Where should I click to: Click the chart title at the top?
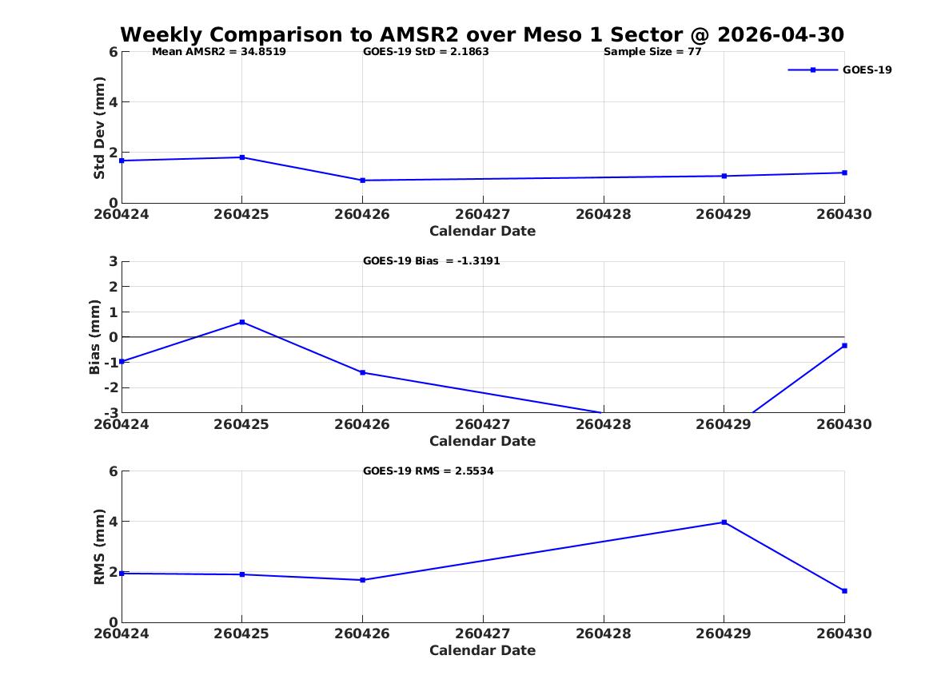(482, 34)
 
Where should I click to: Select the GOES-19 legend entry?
(839, 70)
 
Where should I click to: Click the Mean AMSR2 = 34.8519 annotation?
(219, 52)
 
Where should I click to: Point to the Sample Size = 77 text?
(652, 52)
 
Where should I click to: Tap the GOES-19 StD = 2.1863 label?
(426, 52)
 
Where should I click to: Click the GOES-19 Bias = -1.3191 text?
(432, 261)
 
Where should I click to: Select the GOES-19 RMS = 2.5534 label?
(429, 471)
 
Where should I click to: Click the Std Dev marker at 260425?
(242, 157)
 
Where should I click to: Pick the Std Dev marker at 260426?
(362, 180)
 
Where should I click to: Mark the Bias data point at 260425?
(242, 322)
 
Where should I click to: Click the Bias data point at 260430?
(844, 345)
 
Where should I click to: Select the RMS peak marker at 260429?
(724, 522)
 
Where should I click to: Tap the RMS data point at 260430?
(844, 591)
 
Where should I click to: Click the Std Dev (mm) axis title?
(99, 128)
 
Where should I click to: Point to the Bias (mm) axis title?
(94, 337)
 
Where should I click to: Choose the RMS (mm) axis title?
(99, 547)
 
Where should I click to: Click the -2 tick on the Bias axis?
(110, 387)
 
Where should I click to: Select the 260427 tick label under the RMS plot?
(483, 633)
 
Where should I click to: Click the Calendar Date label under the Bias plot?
(483, 441)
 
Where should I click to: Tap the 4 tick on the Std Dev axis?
(113, 102)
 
